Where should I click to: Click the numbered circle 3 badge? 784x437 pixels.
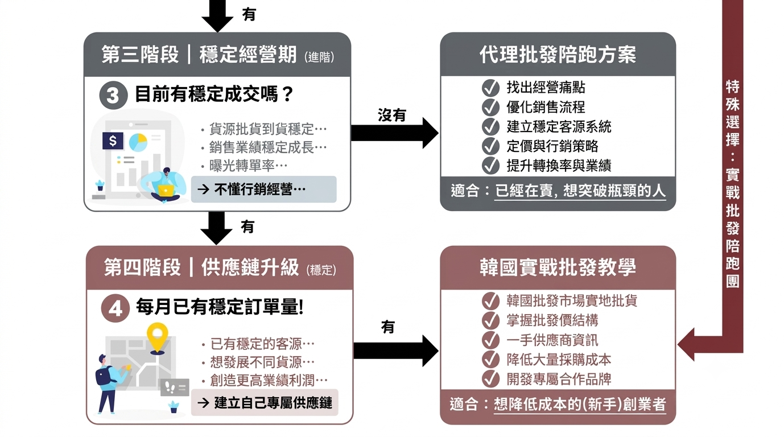click(113, 95)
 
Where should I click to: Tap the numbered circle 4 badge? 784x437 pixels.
click(115, 308)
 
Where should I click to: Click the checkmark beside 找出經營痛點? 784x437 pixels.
click(490, 88)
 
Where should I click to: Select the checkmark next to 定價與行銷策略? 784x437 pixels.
click(490, 146)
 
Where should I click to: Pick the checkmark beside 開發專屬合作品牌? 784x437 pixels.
click(490, 379)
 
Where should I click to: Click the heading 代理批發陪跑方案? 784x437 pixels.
click(558, 55)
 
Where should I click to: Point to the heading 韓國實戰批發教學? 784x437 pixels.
click(558, 267)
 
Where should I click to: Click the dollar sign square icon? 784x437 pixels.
click(113, 141)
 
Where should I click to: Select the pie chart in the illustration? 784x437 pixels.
click(138, 142)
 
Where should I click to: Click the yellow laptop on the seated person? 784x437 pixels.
click(166, 191)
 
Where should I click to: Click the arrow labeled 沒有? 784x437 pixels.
click(394, 133)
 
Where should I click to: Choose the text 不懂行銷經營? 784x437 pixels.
click(259, 189)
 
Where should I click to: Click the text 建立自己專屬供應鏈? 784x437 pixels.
click(273, 403)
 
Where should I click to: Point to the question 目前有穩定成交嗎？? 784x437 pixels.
click(214, 94)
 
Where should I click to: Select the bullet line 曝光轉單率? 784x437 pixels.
click(248, 166)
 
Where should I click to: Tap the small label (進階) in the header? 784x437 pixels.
click(319, 57)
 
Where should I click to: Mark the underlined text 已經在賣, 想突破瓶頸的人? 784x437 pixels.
click(580, 191)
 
